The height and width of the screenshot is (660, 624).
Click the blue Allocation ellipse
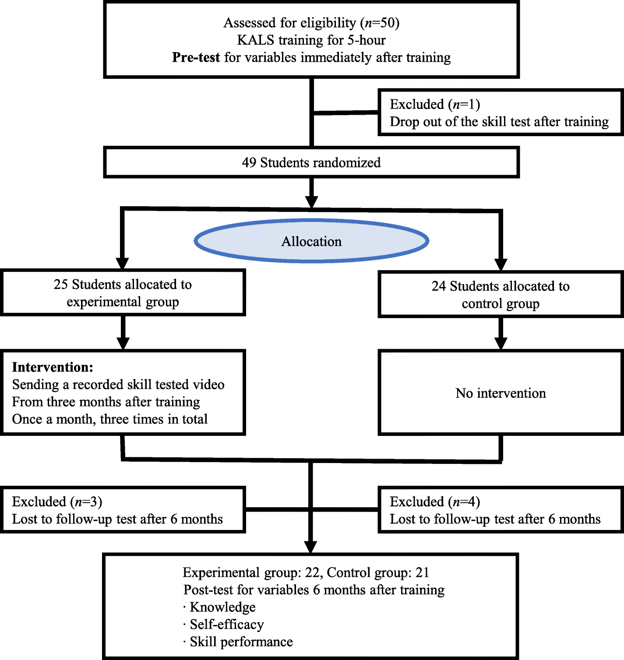[311, 241]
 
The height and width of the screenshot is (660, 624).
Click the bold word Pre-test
[196, 57]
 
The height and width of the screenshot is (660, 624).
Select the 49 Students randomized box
[311, 162]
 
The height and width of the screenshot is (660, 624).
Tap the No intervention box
[501, 393]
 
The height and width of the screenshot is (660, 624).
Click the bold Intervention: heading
[53, 367]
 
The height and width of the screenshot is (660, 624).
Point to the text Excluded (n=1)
[435, 104]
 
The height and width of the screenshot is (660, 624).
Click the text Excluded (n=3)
[57, 502]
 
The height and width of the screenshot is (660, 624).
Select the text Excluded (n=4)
[435, 502]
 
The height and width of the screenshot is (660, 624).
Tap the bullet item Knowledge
[222, 607]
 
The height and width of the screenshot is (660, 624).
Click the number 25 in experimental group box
[61, 284]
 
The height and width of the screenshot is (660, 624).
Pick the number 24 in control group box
[439, 286]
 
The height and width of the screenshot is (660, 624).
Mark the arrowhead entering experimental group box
[123, 263]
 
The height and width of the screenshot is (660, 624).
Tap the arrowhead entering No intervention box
[501, 343]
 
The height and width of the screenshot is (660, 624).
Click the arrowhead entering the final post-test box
[310, 547]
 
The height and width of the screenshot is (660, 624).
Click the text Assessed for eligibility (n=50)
[311, 23]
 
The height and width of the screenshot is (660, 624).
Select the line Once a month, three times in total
[109, 419]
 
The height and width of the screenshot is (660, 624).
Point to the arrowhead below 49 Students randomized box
[311, 202]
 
